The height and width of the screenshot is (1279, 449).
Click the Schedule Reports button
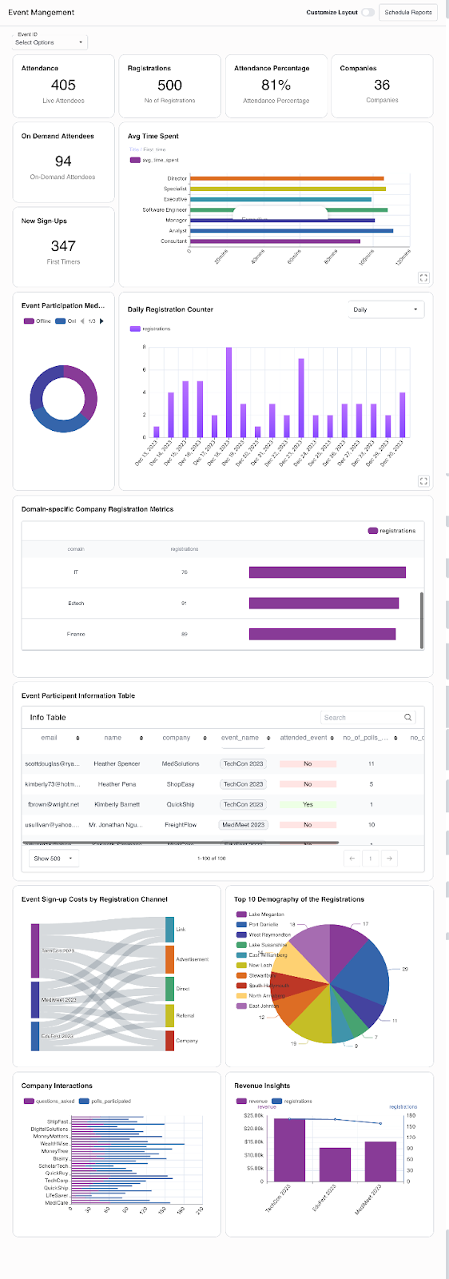click(408, 13)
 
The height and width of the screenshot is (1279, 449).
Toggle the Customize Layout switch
click(368, 13)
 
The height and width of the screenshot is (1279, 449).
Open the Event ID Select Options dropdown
click(49, 42)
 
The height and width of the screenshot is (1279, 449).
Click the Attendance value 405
click(63, 85)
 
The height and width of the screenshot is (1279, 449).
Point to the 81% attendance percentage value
click(276, 85)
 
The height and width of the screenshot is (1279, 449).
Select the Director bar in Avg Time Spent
click(286, 178)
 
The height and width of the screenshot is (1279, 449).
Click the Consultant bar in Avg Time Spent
click(274, 241)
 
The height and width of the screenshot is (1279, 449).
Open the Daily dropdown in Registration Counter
click(387, 309)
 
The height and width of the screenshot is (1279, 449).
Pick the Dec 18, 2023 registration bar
click(228, 392)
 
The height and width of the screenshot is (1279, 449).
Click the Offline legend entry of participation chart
click(38, 321)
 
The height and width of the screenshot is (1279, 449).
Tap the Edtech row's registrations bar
click(324, 604)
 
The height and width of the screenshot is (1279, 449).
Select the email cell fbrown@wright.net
click(54, 804)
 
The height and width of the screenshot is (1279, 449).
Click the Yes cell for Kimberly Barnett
click(308, 804)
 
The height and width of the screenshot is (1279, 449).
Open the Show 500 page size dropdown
click(53, 858)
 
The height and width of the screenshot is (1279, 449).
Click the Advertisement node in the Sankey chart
click(169, 959)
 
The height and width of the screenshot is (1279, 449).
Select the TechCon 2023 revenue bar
click(288, 1150)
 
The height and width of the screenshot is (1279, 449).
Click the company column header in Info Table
click(177, 738)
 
